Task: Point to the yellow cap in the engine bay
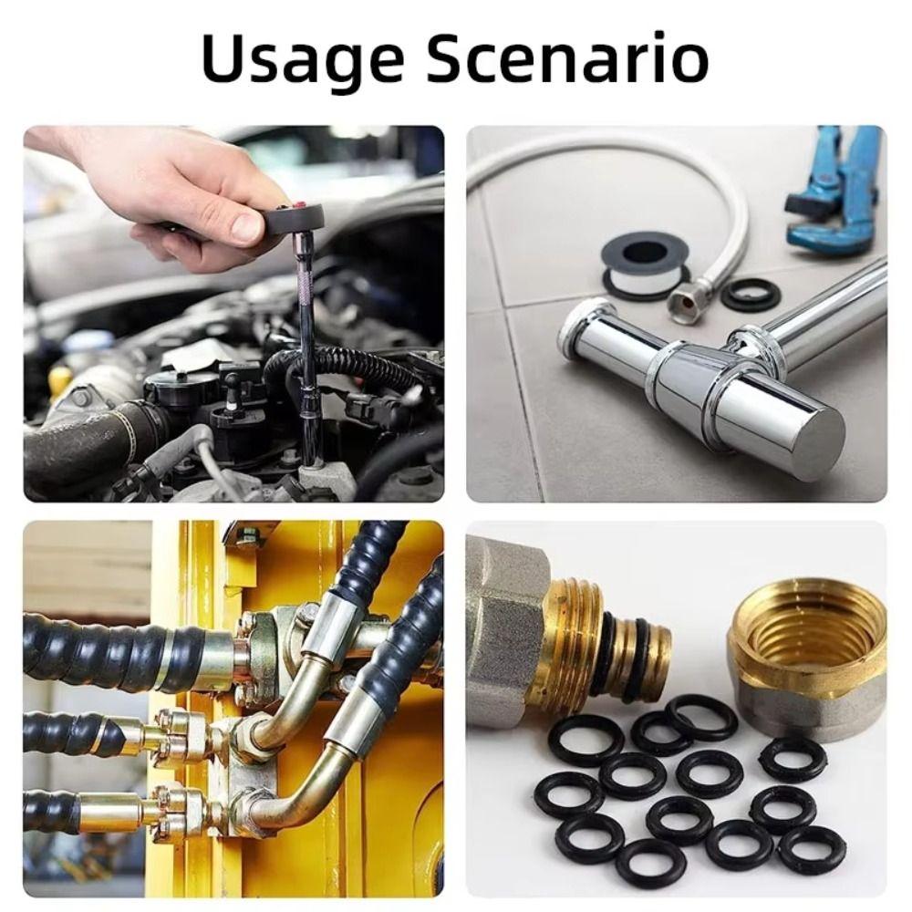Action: (x=60, y=379)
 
